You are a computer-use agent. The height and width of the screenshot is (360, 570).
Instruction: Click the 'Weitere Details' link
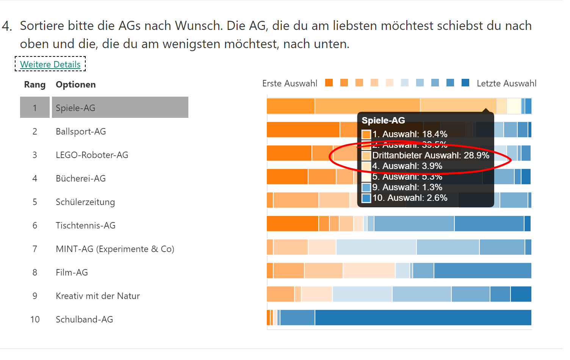click(50, 64)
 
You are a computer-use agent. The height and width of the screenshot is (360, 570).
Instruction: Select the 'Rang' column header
click(34, 85)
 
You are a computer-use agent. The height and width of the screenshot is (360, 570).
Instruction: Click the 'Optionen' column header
click(75, 85)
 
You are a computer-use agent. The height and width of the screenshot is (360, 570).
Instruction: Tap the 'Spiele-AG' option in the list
click(75, 108)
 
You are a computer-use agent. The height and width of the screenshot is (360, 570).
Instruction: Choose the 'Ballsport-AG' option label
click(81, 131)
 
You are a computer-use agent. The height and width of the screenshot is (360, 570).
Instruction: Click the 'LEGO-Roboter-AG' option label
click(92, 155)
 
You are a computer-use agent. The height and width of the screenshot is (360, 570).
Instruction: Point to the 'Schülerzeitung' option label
click(85, 202)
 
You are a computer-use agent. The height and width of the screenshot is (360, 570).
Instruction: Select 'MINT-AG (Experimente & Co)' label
click(115, 249)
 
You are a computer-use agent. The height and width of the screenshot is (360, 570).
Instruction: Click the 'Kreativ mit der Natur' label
click(98, 296)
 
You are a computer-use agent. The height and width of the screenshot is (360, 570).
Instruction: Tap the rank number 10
click(35, 319)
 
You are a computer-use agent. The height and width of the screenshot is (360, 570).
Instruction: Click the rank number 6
click(35, 225)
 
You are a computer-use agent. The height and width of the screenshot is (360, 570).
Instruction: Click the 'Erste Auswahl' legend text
click(290, 83)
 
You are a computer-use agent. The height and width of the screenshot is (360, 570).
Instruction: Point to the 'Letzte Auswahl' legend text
click(506, 83)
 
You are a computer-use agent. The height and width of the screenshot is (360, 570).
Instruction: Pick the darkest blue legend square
click(465, 83)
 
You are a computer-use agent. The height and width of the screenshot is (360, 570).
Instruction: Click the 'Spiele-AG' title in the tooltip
click(383, 121)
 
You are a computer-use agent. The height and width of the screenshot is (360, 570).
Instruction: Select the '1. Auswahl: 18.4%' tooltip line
click(410, 134)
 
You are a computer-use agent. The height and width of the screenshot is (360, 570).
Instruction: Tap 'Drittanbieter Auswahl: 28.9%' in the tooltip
click(431, 155)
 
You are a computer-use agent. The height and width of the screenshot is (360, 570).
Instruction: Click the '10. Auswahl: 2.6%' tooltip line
click(410, 198)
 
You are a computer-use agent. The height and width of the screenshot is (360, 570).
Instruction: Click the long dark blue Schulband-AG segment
click(423, 318)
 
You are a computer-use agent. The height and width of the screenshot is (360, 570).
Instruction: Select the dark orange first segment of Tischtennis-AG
click(292, 224)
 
